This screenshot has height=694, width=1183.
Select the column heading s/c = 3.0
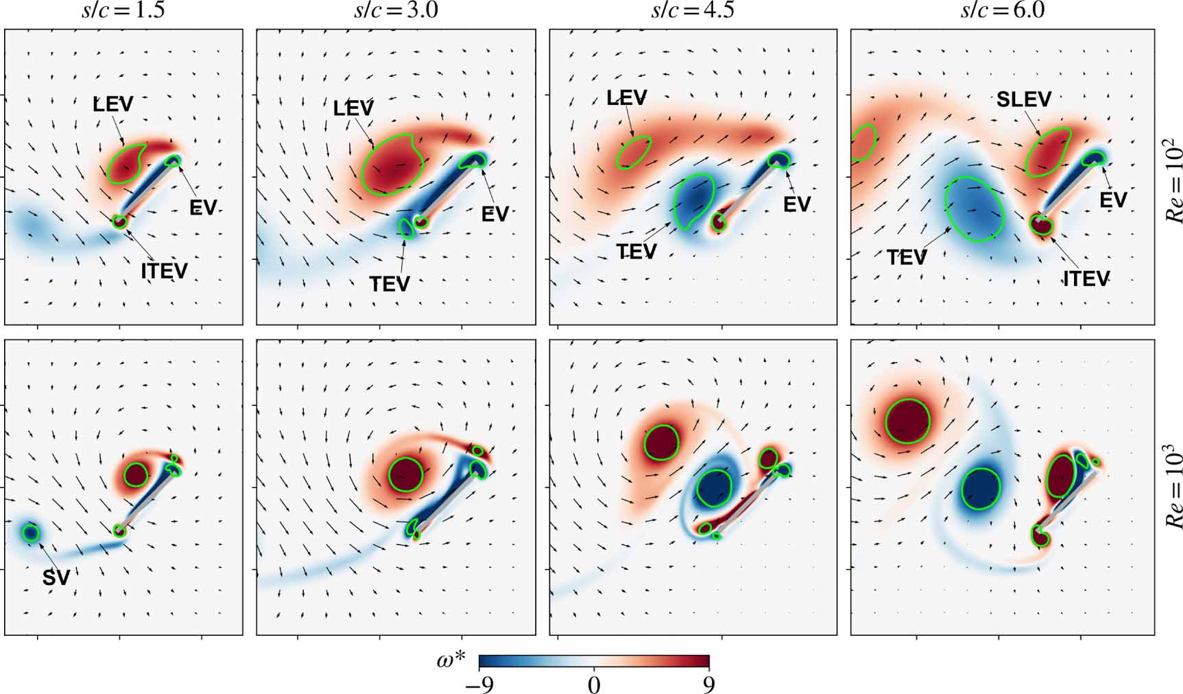(x=396, y=11)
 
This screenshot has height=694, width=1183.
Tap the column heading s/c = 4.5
(x=693, y=11)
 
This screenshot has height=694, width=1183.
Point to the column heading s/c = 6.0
(x=1003, y=11)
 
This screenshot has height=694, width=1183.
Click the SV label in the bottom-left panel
(x=56, y=577)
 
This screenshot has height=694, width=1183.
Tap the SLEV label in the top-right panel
(x=1023, y=99)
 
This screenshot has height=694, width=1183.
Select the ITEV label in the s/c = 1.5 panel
(x=165, y=271)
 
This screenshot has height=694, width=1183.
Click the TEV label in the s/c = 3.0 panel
(x=390, y=283)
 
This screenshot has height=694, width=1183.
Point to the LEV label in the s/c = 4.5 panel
(x=626, y=98)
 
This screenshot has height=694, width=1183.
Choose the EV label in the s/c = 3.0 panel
(x=494, y=214)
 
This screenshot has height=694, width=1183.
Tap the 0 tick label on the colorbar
(x=594, y=684)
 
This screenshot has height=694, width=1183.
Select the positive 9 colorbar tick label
(x=709, y=684)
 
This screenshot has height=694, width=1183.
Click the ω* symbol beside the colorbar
(x=451, y=661)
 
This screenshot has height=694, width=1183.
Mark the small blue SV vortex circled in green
(x=30, y=532)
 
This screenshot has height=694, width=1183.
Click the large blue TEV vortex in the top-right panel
(x=975, y=209)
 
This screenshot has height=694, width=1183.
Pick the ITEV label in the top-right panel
(x=1086, y=278)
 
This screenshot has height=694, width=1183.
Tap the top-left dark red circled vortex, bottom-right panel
(x=907, y=421)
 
